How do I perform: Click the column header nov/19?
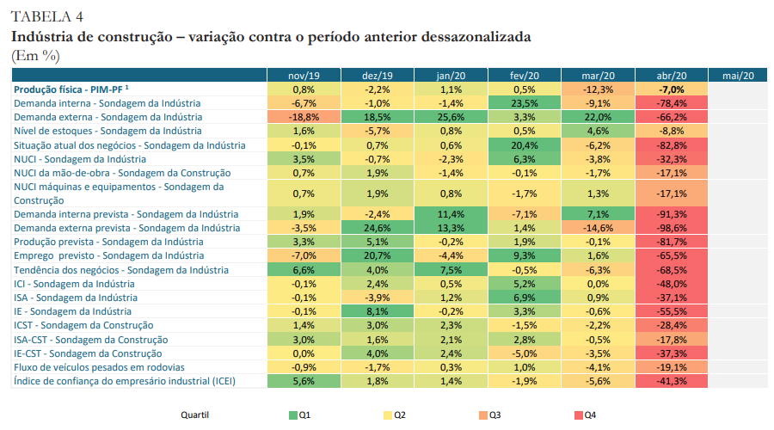[303, 76]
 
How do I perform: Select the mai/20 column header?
[738, 76]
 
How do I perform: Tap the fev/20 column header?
[524, 76]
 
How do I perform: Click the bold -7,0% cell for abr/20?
[672, 89]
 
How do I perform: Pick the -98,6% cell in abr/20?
[672, 228]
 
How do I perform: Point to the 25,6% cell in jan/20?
[451, 117]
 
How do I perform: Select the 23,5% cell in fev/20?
[524, 103]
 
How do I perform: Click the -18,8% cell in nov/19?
[303, 117]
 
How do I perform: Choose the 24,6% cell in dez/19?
[377, 228]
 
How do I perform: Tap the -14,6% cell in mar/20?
[598, 228]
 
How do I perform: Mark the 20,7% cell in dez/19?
[377, 255]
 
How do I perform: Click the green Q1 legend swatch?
[293, 415]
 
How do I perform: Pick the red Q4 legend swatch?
[577, 415]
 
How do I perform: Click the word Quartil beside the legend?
[194, 415]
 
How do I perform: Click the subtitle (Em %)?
[35, 55]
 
